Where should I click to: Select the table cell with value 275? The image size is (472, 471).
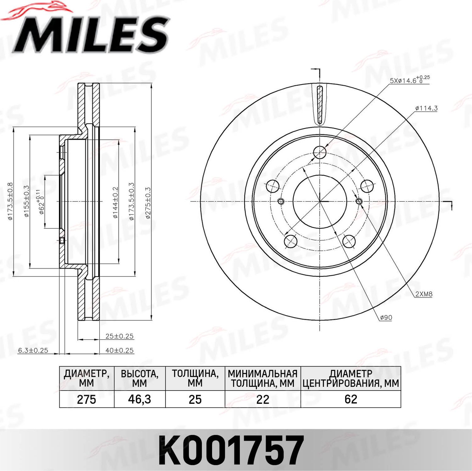coord(87,399)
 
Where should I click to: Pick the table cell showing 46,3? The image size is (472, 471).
coord(139,399)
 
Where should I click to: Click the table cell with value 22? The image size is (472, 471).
coord(262,399)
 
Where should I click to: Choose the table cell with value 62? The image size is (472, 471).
coord(351,399)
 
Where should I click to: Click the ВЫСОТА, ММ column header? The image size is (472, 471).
coord(139,378)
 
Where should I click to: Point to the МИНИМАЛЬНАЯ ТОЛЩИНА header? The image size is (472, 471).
coord(262,378)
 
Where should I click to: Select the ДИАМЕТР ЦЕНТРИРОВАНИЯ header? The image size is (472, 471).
coord(351,378)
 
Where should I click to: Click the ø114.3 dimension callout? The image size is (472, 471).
coord(426,108)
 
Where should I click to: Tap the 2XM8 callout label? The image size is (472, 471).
coord(424,294)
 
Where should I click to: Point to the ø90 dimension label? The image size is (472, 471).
coord(386,318)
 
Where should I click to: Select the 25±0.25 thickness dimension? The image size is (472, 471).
coord(119,336)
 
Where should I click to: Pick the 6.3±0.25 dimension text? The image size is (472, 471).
coord(33,350)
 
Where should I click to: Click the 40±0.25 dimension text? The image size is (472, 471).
coord(119,350)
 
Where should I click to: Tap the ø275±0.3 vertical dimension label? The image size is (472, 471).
coord(148,203)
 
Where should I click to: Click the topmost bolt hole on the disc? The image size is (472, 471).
coord(320,152)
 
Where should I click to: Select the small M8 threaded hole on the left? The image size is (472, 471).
coord(281,201)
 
